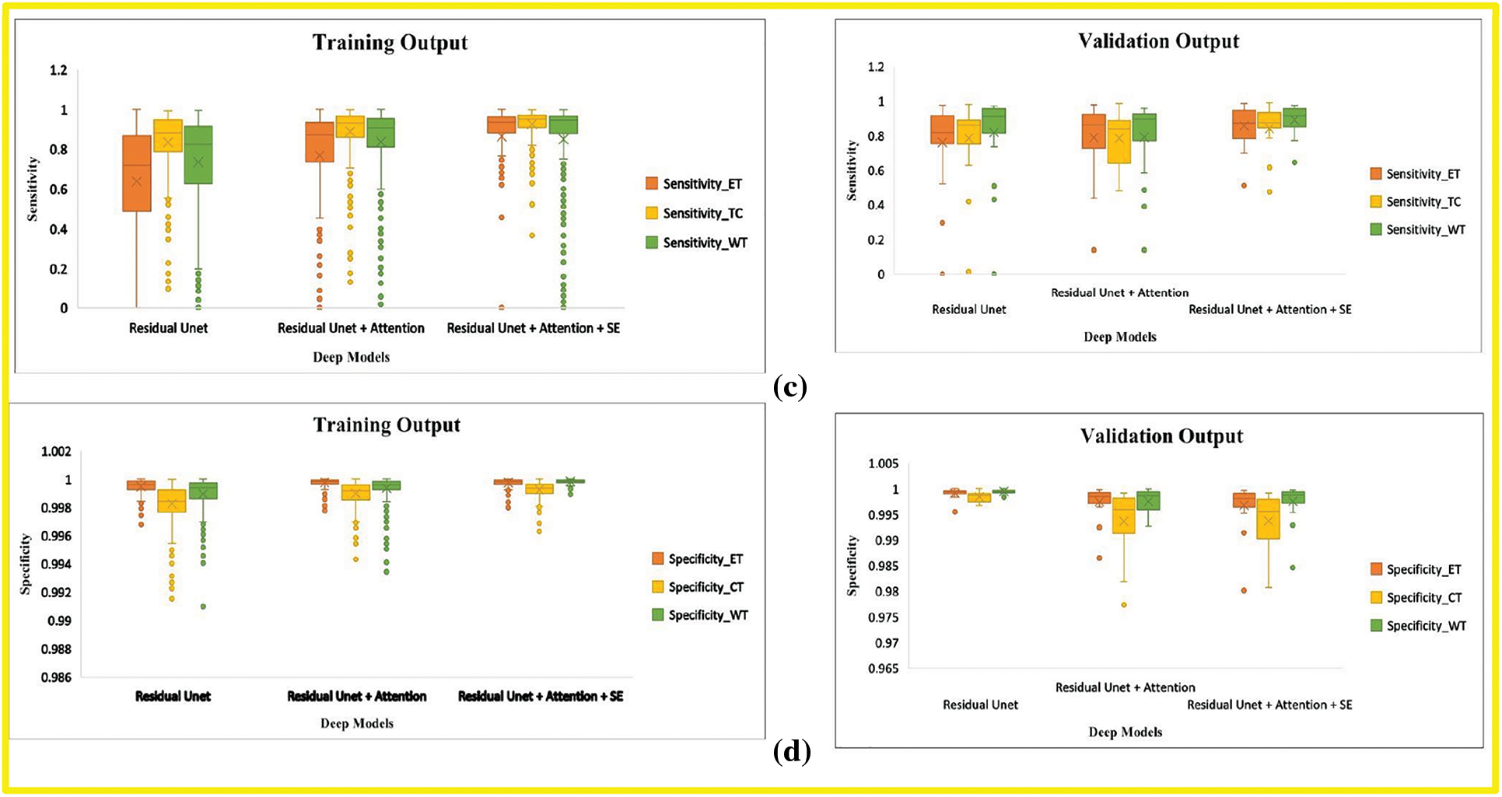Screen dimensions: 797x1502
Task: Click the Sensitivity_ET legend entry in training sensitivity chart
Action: (x=694, y=184)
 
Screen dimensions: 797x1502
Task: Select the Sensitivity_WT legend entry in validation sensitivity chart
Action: (x=1417, y=230)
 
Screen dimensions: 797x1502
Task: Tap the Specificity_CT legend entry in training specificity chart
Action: (x=698, y=587)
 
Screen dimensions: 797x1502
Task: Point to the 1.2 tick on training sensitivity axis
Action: (x=58, y=71)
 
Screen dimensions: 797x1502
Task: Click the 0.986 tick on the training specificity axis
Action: (x=56, y=677)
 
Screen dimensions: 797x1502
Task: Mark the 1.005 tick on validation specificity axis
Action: (x=883, y=464)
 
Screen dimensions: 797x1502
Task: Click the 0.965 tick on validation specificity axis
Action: (x=883, y=669)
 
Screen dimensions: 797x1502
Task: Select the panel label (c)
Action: (x=790, y=386)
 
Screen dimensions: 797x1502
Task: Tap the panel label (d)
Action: (x=792, y=751)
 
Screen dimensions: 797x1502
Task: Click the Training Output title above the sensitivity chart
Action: (x=390, y=43)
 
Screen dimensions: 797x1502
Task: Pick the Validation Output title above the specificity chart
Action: (x=1161, y=436)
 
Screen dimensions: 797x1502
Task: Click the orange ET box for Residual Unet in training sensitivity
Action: (x=138, y=173)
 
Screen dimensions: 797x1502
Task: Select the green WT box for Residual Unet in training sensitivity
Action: (x=198, y=155)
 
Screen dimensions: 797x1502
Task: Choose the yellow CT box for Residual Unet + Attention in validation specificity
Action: (x=1124, y=516)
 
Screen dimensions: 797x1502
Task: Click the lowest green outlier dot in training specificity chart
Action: (x=203, y=606)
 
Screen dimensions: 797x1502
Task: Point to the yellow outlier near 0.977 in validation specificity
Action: (x=1124, y=605)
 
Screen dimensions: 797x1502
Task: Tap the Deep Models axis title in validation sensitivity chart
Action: (x=1119, y=337)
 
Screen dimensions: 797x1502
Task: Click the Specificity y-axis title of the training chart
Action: (x=26, y=564)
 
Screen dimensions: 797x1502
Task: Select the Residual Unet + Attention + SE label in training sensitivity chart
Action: (x=533, y=328)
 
